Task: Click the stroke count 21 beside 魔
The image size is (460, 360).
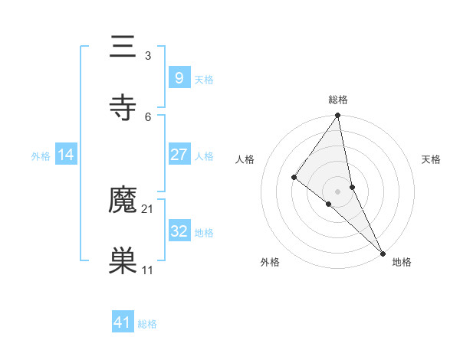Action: click(x=148, y=208)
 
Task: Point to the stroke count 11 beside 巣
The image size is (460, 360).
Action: click(x=148, y=270)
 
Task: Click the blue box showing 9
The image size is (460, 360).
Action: click(x=179, y=78)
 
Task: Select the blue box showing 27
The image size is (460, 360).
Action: click(x=179, y=155)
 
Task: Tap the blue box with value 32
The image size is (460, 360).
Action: click(x=179, y=231)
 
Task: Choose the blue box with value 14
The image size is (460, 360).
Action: click(x=66, y=155)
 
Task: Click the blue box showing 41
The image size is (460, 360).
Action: click(x=123, y=322)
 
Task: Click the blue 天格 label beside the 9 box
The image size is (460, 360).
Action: click(x=204, y=80)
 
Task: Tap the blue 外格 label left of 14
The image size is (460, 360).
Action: click(x=41, y=156)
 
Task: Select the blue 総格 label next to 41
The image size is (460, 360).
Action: click(x=147, y=324)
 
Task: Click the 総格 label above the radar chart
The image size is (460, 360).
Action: click(x=338, y=100)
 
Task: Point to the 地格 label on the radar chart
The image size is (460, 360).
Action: click(x=402, y=262)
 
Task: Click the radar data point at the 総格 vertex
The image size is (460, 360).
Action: click(x=337, y=116)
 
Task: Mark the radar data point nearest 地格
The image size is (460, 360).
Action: click(x=383, y=253)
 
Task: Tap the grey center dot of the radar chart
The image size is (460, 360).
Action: click(x=337, y=191)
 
